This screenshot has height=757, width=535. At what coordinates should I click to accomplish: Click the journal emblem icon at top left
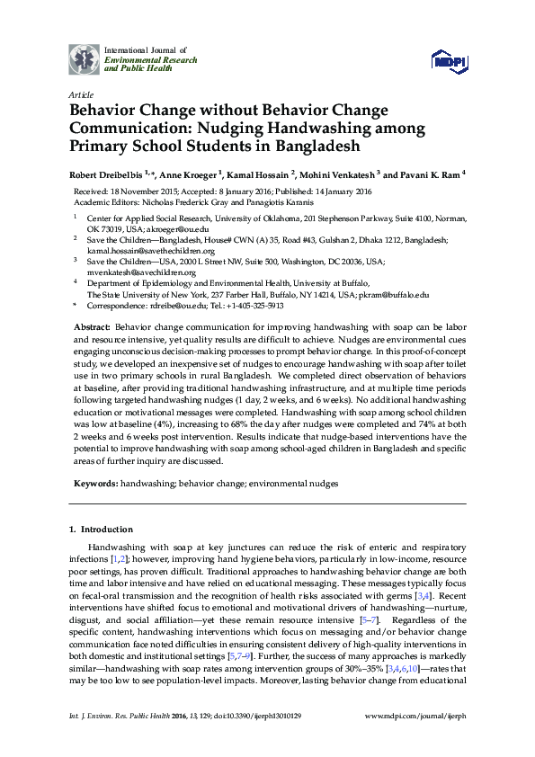[85, 58]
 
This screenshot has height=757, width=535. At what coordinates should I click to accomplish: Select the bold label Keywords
[95, 483]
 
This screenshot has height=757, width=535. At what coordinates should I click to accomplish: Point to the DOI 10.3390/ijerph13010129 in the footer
[286, 741]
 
